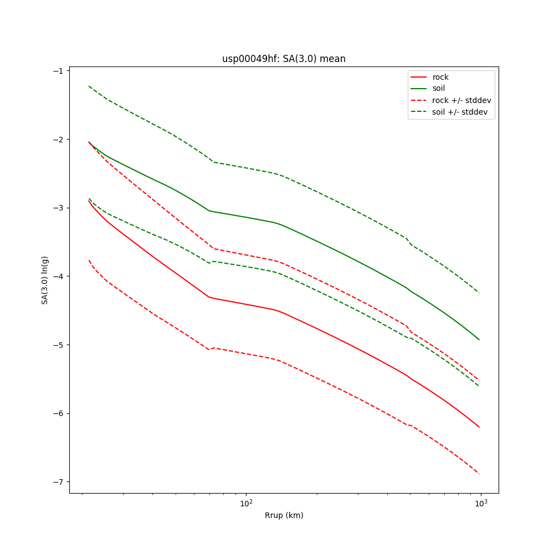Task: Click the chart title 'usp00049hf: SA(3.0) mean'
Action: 284,59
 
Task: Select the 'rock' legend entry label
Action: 440,77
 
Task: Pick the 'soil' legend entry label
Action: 439,88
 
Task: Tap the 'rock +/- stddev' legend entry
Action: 461,100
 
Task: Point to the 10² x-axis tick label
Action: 246,503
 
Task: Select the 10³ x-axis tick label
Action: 481,503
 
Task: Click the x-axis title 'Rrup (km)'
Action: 284,515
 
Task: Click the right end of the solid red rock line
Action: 479,427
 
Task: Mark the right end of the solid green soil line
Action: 479,340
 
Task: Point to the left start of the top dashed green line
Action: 89,86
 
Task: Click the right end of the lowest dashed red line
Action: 479,474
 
